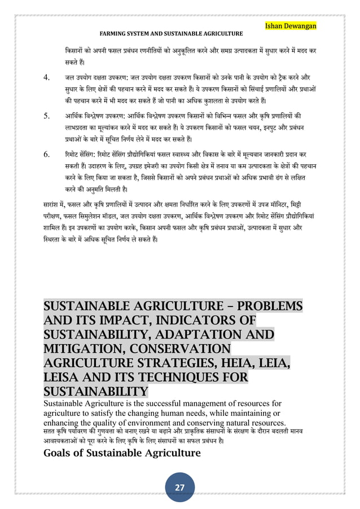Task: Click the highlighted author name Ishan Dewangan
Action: pyautogui.click(x=291, y=25)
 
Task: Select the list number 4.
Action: pyautogui.click(x=47, y=77)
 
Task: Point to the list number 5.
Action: pyautogui.click(x=47, y=116)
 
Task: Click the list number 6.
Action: pyautogui.click(x=47, y=154)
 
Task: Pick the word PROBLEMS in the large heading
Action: pyautogui.click(x=270, y=308)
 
